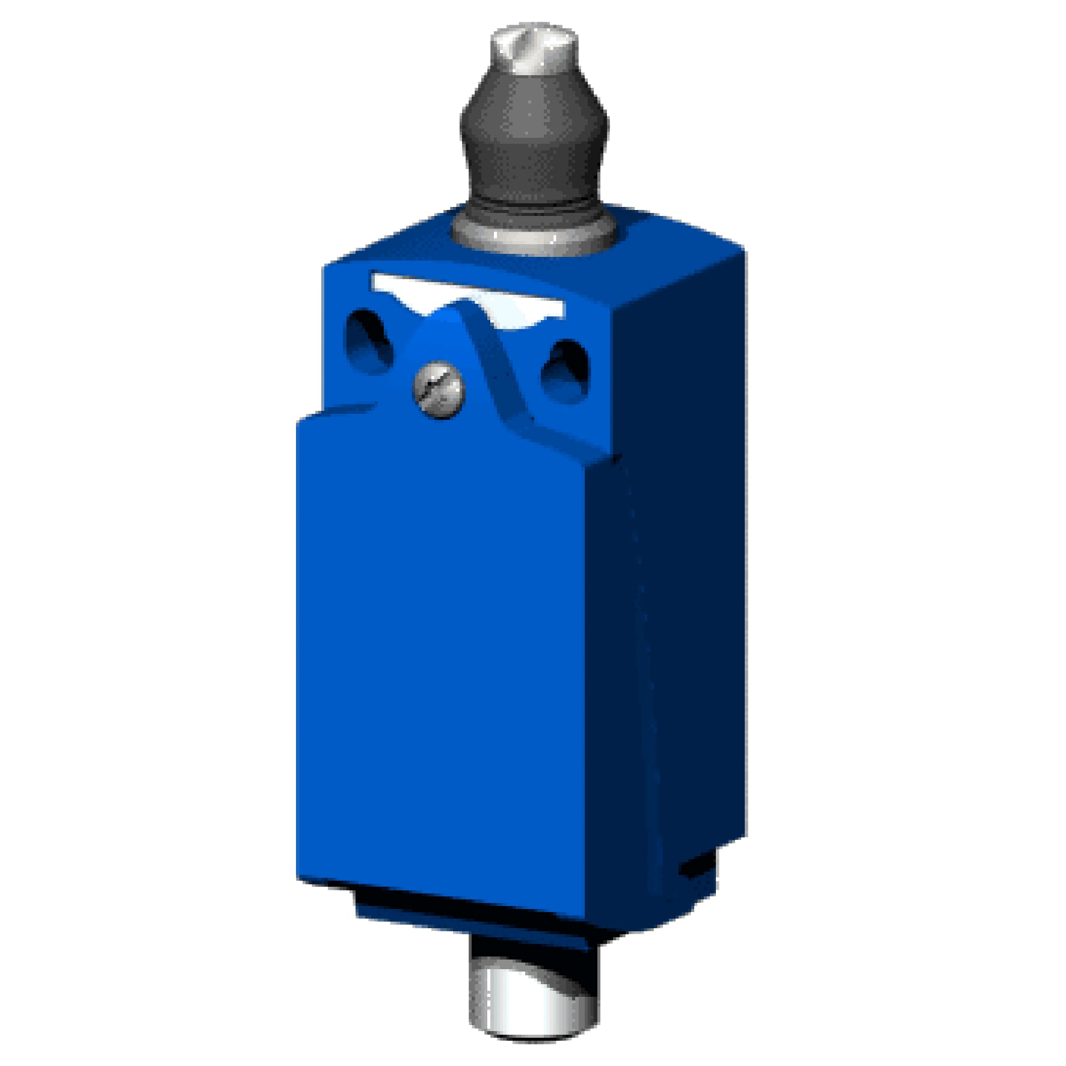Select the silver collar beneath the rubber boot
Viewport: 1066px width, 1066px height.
coord(533,232)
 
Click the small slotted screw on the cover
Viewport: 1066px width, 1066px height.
coord(440,390)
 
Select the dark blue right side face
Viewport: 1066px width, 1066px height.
coord(680,602)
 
